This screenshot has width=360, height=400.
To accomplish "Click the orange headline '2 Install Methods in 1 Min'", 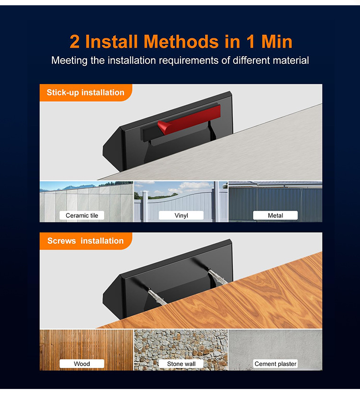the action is coord(181,41).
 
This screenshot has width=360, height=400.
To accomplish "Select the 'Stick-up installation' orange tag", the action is coord(86,93).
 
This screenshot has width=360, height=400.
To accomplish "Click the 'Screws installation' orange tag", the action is coord(86,241).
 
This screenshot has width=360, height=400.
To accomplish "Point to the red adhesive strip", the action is coord(189,119).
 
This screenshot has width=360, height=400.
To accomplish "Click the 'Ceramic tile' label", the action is coord(82,215).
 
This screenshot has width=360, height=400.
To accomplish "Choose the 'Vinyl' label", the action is coord(181,215).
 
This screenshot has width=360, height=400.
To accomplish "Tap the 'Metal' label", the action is coord(275,215).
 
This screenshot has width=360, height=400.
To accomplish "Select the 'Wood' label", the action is coord(82,364).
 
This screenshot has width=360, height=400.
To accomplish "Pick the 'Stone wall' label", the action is coord(181,364).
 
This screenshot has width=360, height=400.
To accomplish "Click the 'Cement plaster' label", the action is coord(275,364).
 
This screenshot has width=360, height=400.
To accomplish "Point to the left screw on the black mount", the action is coord(157,296).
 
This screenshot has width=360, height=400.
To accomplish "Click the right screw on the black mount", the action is coord(217,276).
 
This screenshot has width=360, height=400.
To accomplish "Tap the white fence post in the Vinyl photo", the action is coord(145,207).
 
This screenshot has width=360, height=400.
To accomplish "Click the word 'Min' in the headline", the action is coord(277,41).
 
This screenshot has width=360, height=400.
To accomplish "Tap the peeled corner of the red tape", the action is coord(164,127).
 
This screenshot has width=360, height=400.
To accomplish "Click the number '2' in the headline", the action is coord(74,42).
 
